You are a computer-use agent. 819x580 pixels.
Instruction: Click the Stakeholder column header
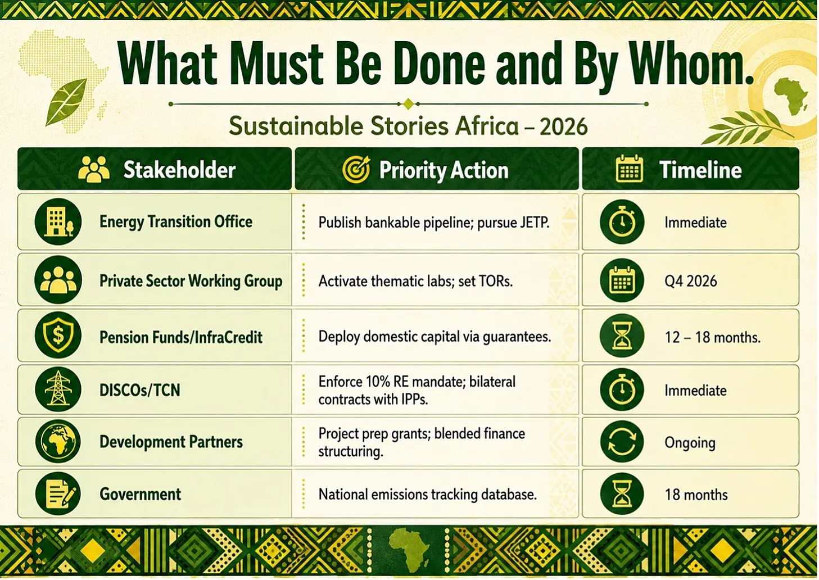pyautogui.click(x=179, y=170)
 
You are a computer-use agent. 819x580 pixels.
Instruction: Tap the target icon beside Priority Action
pyautogui.click(x=356, y=169)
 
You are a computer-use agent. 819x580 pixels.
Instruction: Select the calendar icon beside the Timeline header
pyautogui.click(x=629, y=169)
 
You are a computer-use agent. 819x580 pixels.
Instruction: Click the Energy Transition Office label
pyautogui.click(x=176, y=222)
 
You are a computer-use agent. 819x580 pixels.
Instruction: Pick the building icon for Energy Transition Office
pyautogui.click(x=58, y=221)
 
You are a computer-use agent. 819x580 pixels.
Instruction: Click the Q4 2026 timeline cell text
pyautogui.click(x=691, y=281)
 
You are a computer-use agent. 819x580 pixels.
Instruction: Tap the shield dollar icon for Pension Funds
pyautogui.click(x=58, y=335)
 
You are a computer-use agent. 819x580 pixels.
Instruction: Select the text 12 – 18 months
pyautogui.click(x=712, y=337)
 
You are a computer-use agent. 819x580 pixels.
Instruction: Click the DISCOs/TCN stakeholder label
pyautogui.click(x=139, y=391)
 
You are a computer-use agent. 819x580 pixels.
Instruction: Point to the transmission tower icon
pyautogui.click(x=58, y=389)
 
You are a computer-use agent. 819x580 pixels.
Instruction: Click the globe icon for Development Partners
pyautogui.click(x=58, y=442)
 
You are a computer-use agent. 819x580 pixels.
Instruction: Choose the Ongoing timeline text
pyautogui.click(x=690, y=443)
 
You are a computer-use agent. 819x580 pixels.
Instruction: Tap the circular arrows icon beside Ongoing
pyautogui.click(x=622, y=442)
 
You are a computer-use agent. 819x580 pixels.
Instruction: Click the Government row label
pyautogui.click(x=141, y=494)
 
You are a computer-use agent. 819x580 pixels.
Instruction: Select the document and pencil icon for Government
pyautogui.click(x=58, y=493)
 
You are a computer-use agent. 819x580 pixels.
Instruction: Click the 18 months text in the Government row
pyautogui.click(x=696, y=495)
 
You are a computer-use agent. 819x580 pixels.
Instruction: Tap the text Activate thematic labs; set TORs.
pyautogui.click(x=415, y=281)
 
